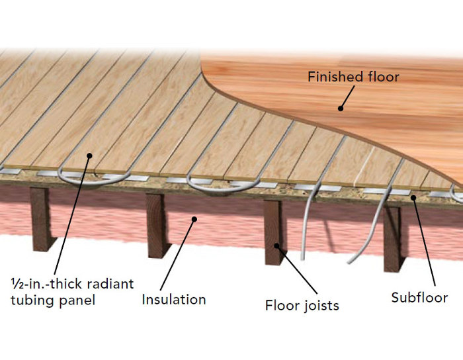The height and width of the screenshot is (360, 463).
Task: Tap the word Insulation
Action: point(174,299)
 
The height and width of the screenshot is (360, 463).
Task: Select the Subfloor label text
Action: point(419,297)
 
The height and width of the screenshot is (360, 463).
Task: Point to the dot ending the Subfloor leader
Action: point(415,195)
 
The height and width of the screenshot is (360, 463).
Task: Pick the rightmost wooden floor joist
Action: point(393,235)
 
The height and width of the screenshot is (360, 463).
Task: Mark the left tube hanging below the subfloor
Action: point(306,225)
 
